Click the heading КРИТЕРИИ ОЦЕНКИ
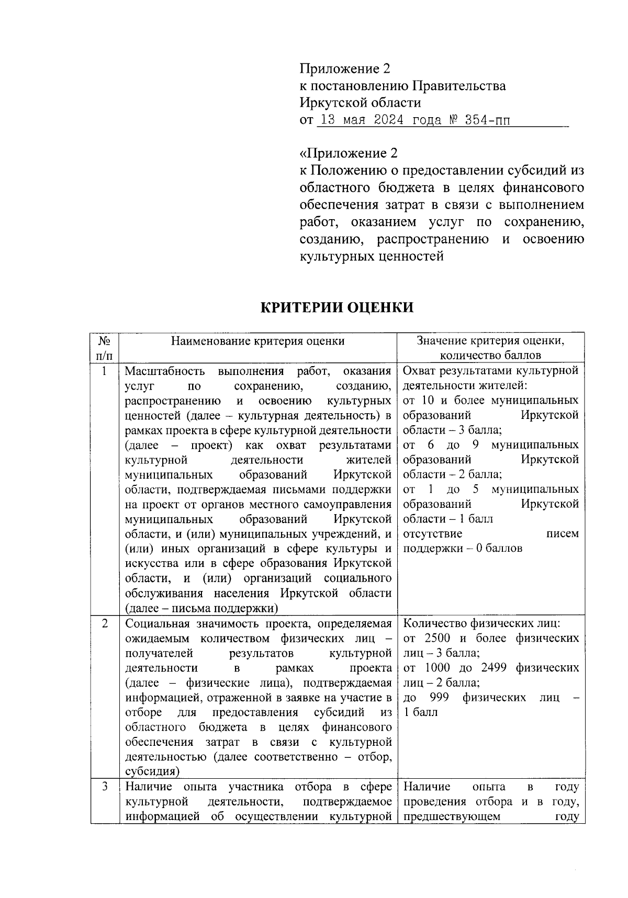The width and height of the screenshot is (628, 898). click(x=337, y=308)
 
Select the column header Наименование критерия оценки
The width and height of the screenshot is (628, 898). click(x=257, y=341)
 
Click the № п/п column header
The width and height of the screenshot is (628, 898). click(x=104, y=348)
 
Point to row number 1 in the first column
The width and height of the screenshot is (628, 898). click(x=104, y=371)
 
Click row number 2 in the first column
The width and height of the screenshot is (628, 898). click(x=104, y=623)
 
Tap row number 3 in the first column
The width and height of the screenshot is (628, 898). click(x=104, y=787)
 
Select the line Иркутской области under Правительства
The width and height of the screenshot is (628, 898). click(x=360, y=103)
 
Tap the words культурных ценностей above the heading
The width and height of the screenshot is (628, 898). click(x=371, y=257)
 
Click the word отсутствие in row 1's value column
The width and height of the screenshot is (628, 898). click(x=432, y=534)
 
